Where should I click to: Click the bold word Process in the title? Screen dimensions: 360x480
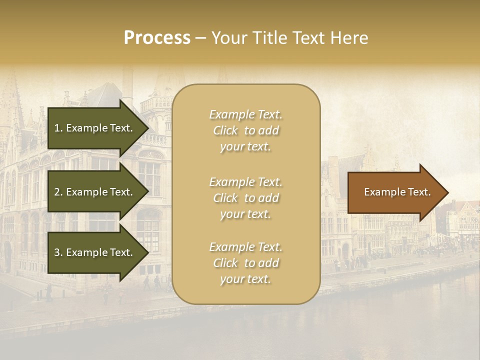click(x=157, y=38)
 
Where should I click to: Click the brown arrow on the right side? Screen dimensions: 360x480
click(x=395, y=192)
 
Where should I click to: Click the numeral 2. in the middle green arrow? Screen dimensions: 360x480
click(x=58, y=192)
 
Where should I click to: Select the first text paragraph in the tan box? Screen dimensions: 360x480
click(x=245, y=130)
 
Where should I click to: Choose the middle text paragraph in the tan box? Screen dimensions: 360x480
click(x=245, y=198)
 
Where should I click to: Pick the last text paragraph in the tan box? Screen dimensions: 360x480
click(x=245, y=263)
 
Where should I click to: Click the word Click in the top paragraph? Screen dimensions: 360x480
click(x=225, y=130)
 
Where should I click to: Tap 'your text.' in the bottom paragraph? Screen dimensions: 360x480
click(x=245, y=279)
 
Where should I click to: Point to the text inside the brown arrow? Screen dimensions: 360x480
click(x=397, y=192)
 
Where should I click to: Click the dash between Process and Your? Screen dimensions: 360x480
click(x=201, y=38)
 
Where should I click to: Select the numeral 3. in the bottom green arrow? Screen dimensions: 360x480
click(x=58, y=253)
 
